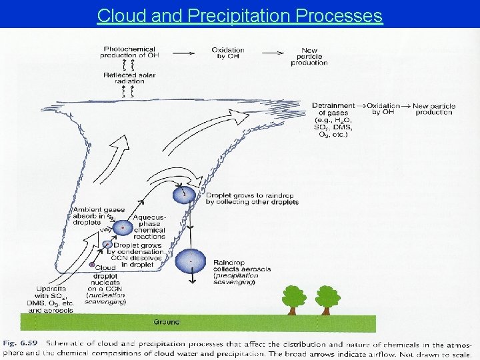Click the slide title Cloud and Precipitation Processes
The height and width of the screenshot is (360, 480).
(x=240, y=15)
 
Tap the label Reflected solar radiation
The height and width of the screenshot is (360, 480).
(x=129, y=78)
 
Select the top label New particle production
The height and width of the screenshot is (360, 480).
(x=309, y=56)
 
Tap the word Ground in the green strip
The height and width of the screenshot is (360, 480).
(x=166, y=322)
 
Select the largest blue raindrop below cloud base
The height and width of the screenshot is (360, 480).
(x=191, y=259)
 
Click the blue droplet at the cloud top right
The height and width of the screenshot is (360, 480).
(x=184, y=194)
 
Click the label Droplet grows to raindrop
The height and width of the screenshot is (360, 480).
(x=251, y=199)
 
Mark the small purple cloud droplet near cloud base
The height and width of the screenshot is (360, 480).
(x=93, y=266)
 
